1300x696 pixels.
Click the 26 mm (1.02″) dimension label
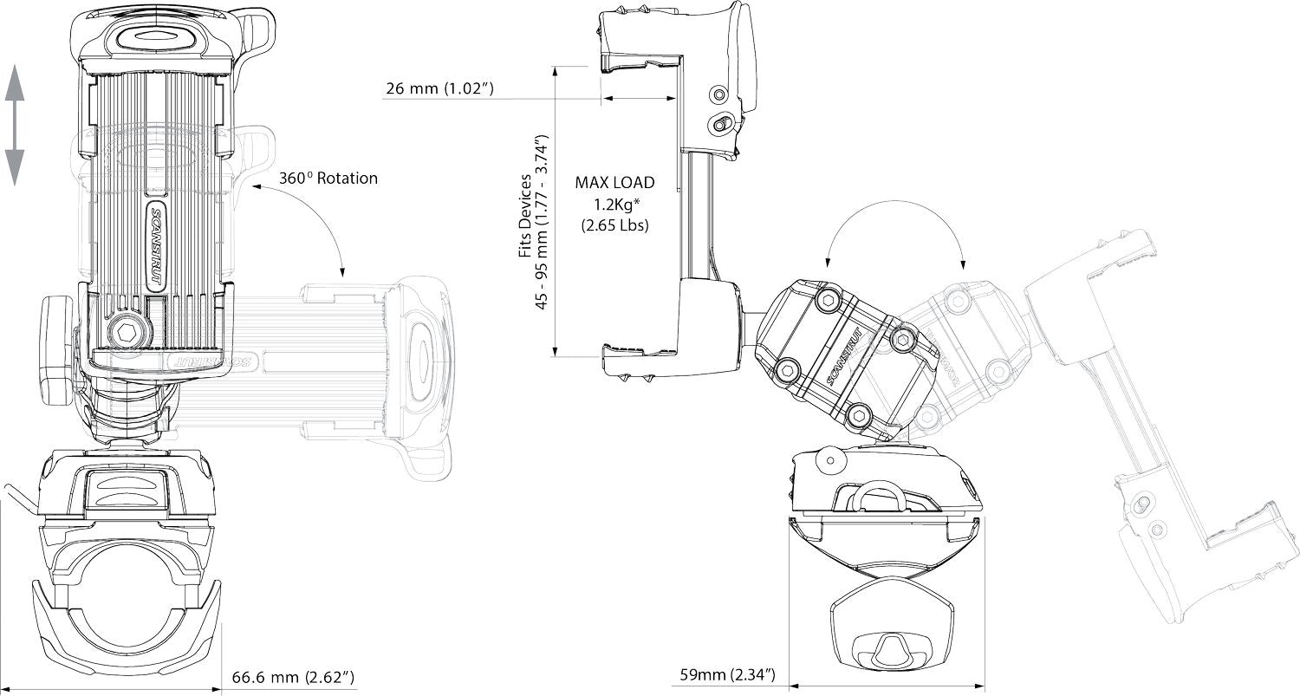tap(440, 88)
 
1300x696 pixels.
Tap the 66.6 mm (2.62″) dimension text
tap(293, 677)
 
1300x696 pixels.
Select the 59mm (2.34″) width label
tap(727, 674)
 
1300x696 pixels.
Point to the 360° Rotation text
tap(328, 178)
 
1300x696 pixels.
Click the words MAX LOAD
tap(614, 182)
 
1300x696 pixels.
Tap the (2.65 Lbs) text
tap(615, 225)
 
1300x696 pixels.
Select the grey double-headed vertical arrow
tap(15, 126)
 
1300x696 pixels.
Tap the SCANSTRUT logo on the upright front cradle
tap(156, 245)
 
